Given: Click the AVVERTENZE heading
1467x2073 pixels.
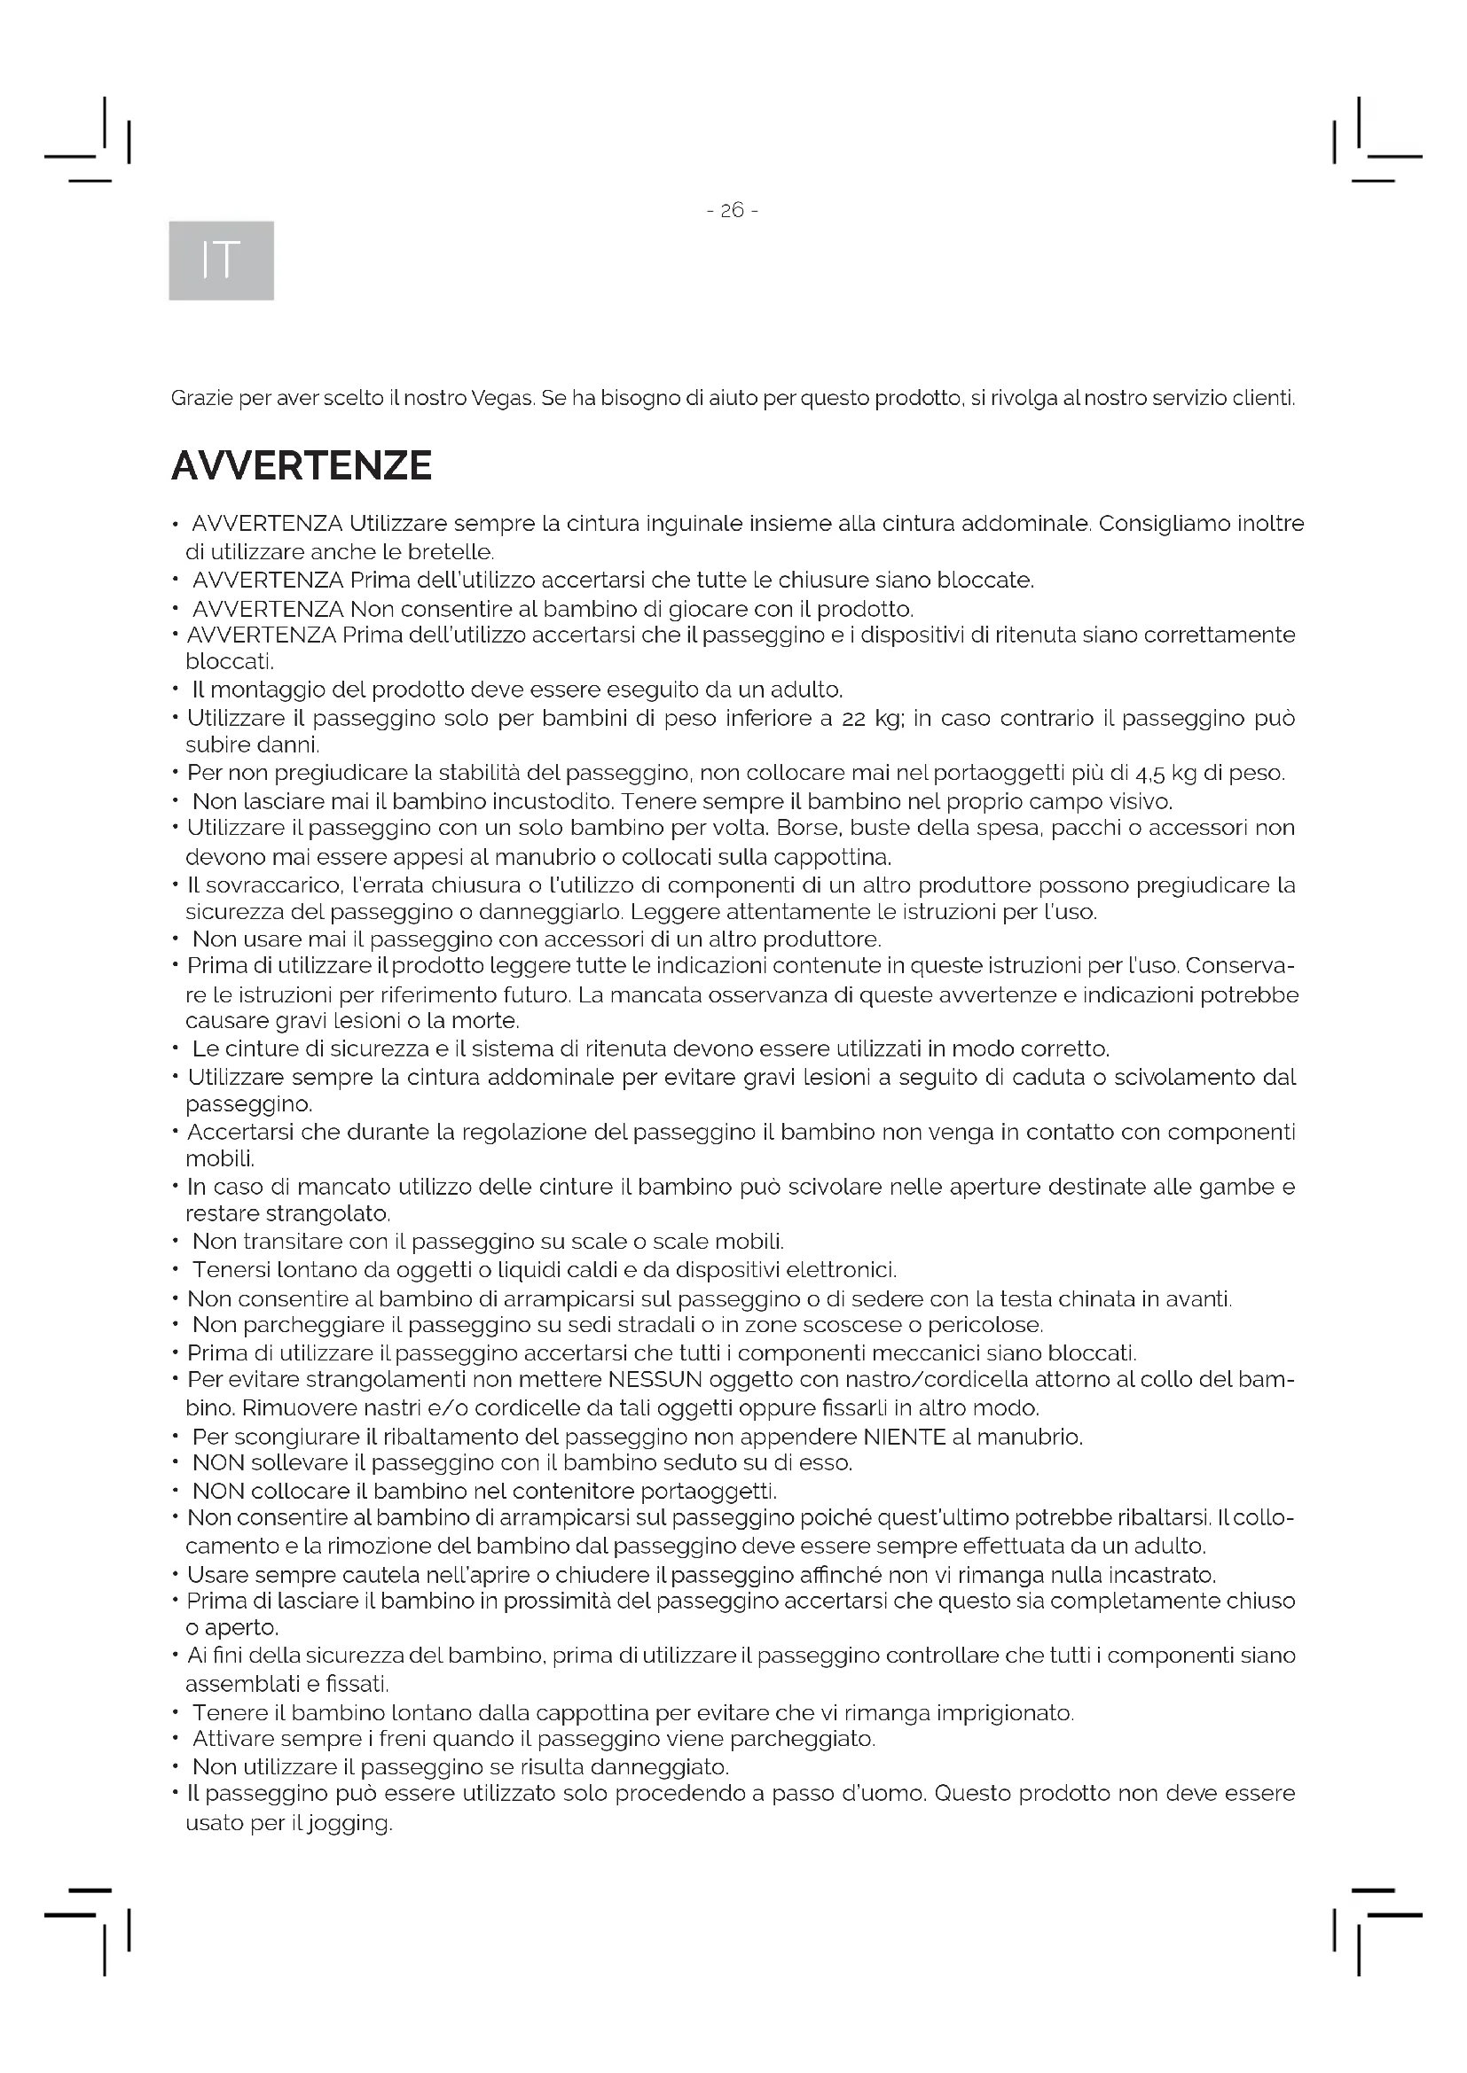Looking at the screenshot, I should point(301,466).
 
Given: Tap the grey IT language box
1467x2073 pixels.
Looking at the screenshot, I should point(222,260).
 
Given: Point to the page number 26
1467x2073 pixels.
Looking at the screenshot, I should point(732,210).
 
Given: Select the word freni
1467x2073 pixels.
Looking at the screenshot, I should point(403,1739).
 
